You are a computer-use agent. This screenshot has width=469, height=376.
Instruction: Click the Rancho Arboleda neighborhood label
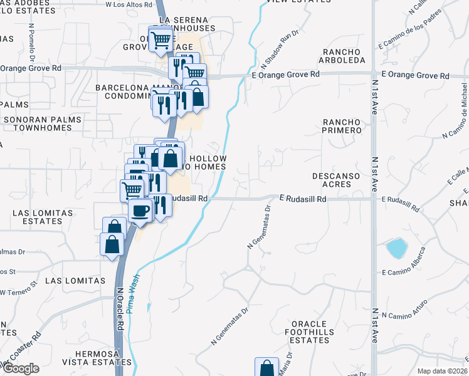[343, 56]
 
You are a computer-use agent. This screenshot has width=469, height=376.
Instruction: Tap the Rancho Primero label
[342, 126]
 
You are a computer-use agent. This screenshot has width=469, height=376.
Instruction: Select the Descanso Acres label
[337, 180]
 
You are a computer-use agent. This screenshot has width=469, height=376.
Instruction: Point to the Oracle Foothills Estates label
[307, 332]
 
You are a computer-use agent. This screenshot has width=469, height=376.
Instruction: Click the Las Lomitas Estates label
[42, 217]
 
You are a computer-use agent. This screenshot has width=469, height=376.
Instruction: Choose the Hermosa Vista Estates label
[94, 358]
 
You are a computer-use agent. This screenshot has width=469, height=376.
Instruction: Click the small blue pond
[396, 248]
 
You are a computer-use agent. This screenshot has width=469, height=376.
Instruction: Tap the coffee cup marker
[140, 210]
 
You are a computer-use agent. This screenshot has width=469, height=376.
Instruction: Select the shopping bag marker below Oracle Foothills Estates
[267, 368]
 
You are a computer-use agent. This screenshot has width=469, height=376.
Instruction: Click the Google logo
[21, 368]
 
